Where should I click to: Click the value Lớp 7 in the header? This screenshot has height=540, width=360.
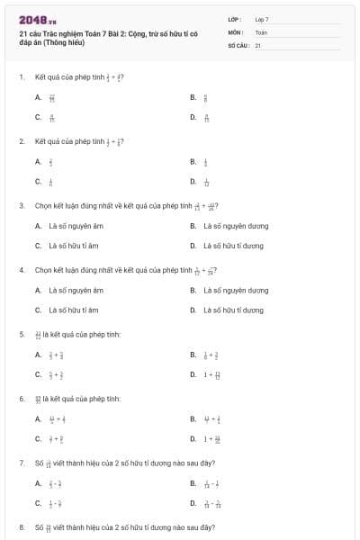[262, 19]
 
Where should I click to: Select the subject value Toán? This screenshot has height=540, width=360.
[261, 31]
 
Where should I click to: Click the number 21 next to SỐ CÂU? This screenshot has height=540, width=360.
[257, 44]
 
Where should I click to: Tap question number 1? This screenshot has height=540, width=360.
[21, 77]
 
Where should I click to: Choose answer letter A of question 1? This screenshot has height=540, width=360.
[38, 97]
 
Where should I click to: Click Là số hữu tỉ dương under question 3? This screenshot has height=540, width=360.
[233, 246]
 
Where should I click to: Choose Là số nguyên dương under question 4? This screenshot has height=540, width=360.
[236, 291]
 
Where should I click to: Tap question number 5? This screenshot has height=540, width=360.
[21, 335]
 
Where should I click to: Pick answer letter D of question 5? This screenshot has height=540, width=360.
[193, 374]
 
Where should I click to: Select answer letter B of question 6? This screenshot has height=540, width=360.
[193, 418]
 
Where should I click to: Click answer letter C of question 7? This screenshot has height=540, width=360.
[38, 503]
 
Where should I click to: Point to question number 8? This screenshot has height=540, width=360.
[21, 527]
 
